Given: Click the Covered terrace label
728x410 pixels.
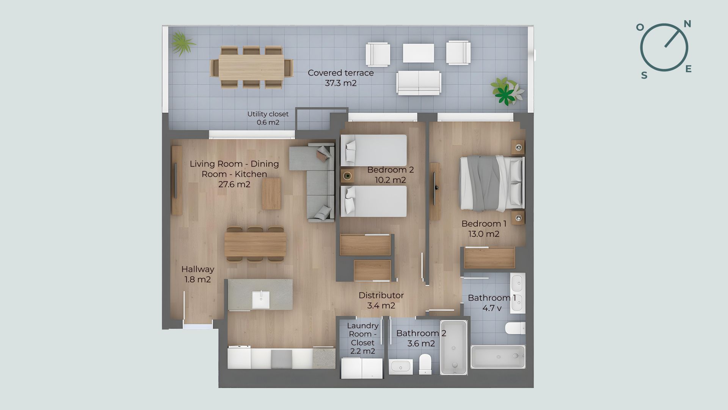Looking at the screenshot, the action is pos(340,78).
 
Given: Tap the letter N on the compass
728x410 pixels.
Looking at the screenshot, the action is pos(687,24).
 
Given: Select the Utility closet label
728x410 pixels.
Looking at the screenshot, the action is pos(268,118).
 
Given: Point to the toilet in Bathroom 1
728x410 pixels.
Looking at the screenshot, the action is pos(516,328).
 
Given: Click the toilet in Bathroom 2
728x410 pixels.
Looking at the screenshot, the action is pos(425,364).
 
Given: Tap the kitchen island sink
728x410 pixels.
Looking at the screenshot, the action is pos(261,300).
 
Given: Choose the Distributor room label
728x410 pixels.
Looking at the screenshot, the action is pos(381,300).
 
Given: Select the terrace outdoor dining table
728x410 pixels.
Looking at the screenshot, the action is pos(251,67).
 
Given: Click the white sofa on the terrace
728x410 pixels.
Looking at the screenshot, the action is pos(419,82).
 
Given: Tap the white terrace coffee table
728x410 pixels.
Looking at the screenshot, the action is pos(418,53).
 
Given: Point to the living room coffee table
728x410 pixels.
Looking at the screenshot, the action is pos(271,194).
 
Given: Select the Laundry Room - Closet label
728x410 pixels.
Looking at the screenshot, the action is pos(363,338).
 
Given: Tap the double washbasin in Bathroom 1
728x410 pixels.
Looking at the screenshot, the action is pos(518,293).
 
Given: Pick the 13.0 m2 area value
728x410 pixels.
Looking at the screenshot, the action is pos(483,234).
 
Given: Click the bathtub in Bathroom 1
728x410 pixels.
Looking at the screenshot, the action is pos(498,356).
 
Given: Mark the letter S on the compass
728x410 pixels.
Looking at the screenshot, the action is pos(644,76).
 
